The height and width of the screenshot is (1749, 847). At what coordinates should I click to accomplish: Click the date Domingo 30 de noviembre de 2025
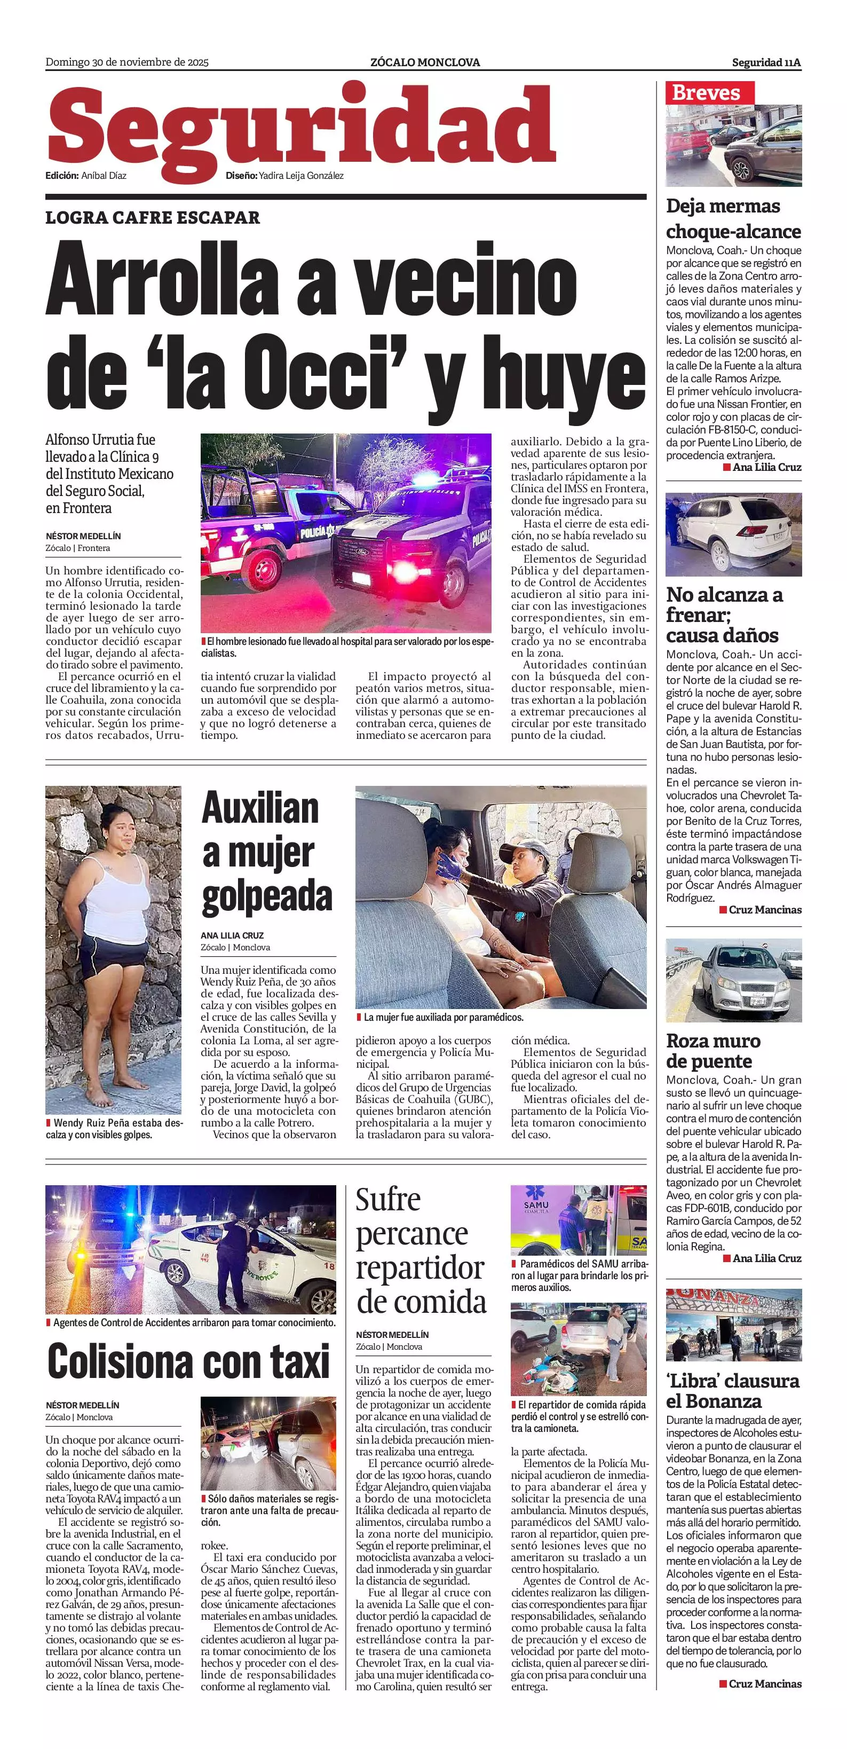point(127,62)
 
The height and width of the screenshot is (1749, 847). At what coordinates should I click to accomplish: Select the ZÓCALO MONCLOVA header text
point(425,62)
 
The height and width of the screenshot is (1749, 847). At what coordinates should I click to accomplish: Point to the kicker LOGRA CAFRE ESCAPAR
point(153,218)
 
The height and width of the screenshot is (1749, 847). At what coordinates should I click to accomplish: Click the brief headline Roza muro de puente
point(713,1050)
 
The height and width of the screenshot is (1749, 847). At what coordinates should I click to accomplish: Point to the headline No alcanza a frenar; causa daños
point(724,615)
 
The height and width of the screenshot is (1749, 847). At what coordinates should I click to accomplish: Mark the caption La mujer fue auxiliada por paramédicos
point(443,1018)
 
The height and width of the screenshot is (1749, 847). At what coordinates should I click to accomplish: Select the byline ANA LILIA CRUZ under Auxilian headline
point(232,935)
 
